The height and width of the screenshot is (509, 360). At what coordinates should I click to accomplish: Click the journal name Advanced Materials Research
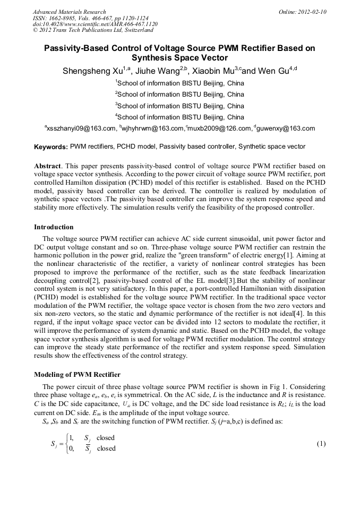tap(69, 12)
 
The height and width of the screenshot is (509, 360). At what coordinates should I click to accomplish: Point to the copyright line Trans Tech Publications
tap(85, 30)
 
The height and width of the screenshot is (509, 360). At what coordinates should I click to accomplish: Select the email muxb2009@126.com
tap(218, 128)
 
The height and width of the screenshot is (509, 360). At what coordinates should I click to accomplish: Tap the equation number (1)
tap(320, 443)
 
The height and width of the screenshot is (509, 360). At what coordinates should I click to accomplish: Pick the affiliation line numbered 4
tap(179, 117)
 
